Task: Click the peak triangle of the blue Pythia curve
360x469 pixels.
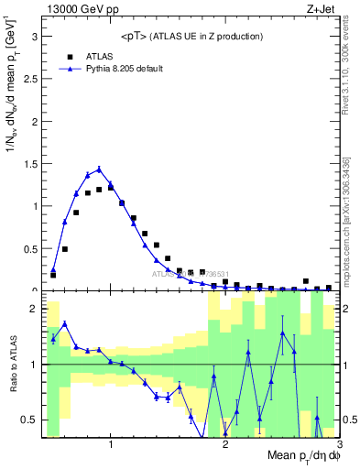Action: coord(99,169)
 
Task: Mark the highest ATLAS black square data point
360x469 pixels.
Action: coord(111,187)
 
